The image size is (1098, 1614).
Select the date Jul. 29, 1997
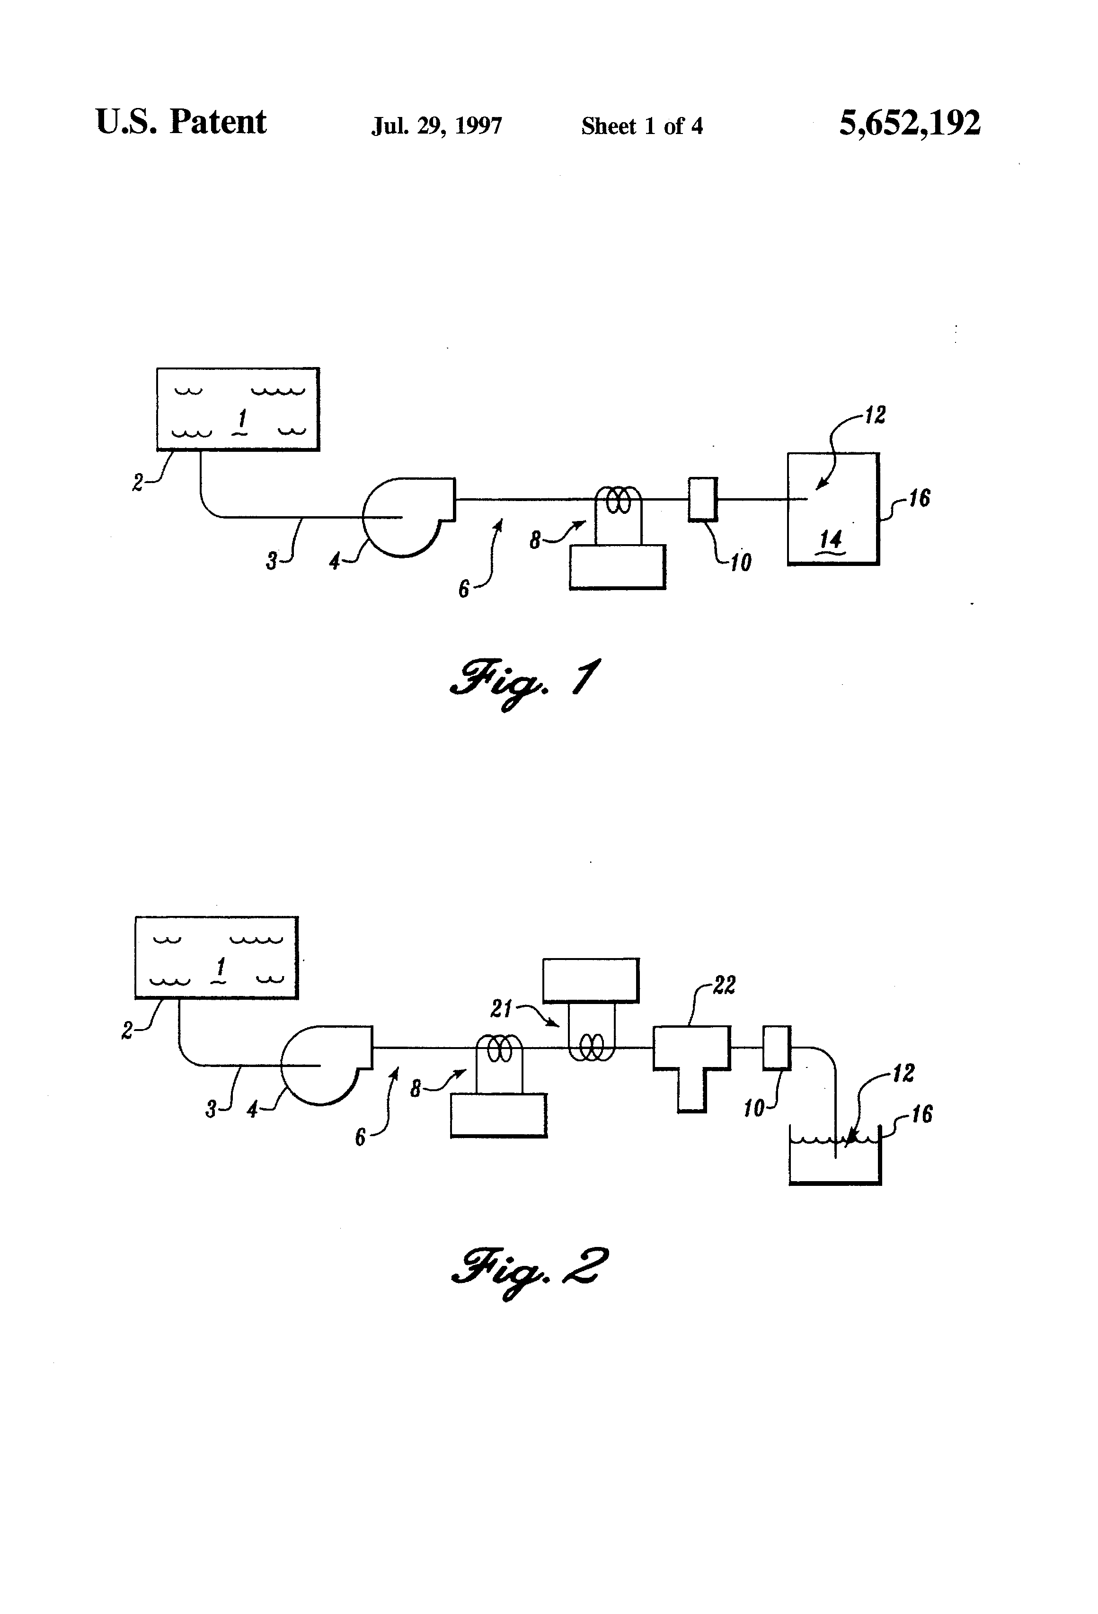click(x=436, y=126)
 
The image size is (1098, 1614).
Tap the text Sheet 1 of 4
click(x=642, y=126)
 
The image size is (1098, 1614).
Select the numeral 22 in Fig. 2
click(x=724, y=985)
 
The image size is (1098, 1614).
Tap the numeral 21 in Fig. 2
click(x=501, y=1008)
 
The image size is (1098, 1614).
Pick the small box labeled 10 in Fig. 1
click(x=702, y=499)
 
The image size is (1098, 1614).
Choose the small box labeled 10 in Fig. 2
click(x=777, y=1047)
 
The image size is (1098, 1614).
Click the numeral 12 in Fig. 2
click(x=903, y=1073)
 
